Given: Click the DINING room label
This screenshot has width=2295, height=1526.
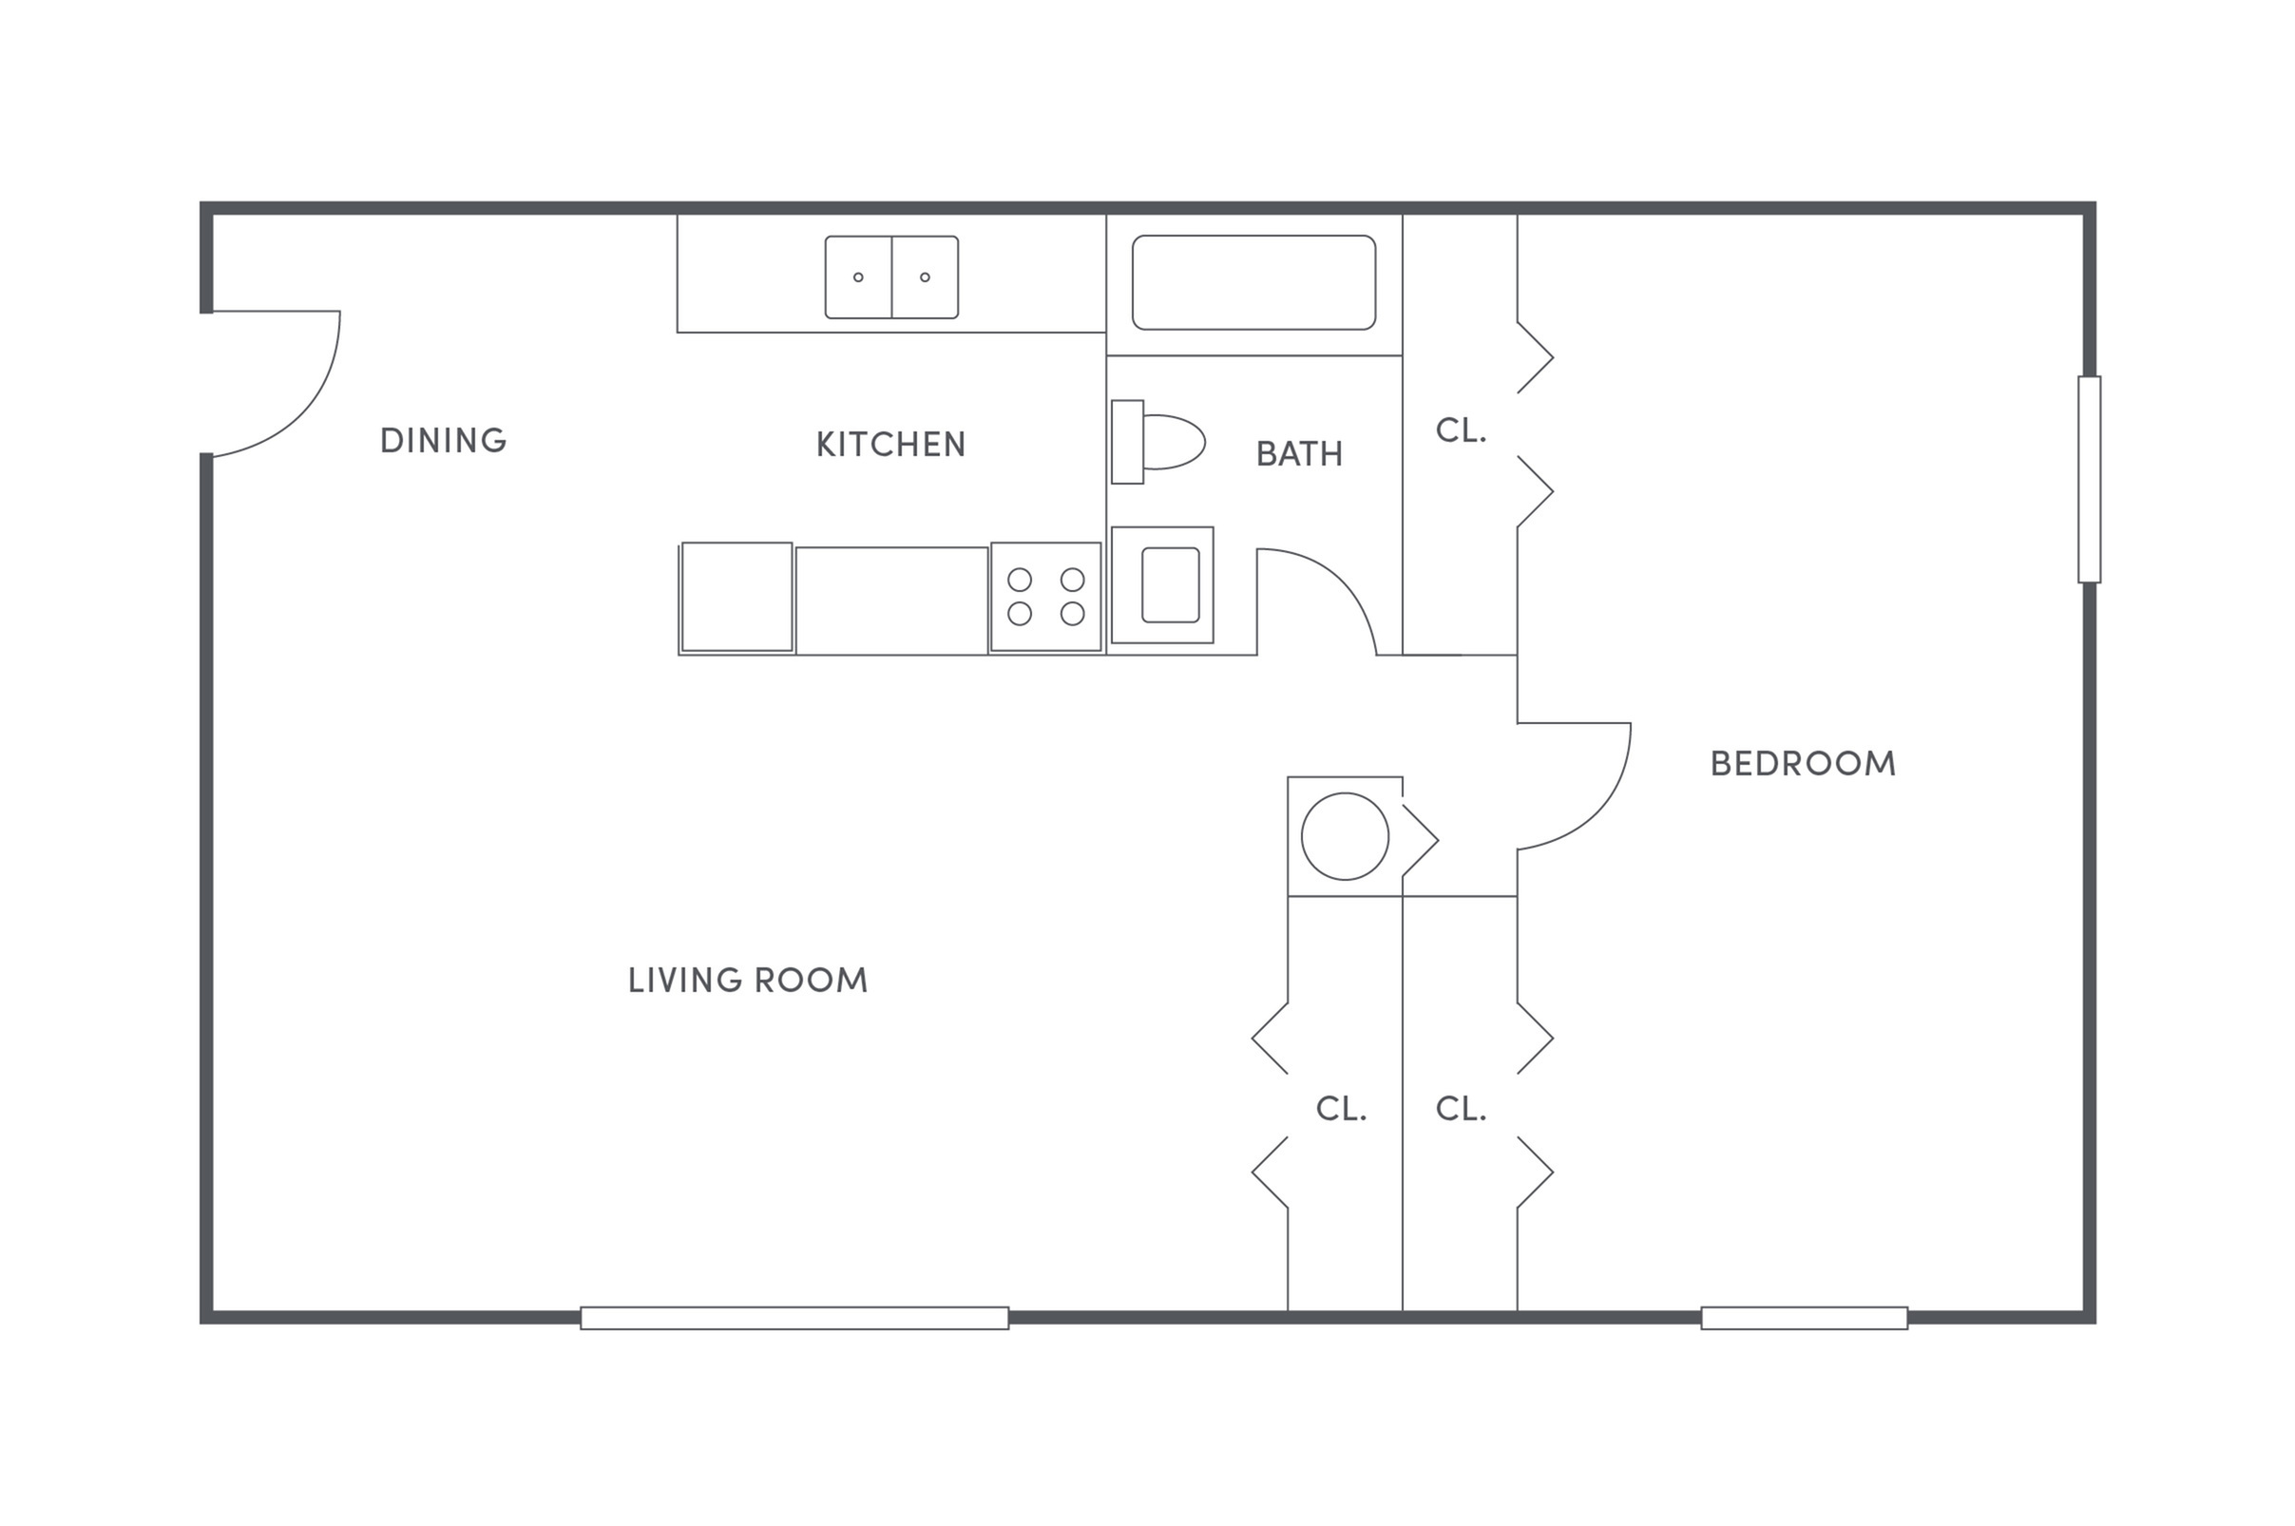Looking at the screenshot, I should pyautogui.click(x=443, y=441).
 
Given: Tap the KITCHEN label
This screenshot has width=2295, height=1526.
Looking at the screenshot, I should pyautogui.click(x=889, y=445).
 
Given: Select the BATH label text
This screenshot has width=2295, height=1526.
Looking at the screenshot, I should pyautogui.click(x=1298, y=453).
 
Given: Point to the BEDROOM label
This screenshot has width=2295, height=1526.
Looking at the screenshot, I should pyautogui.click(x=1802, y=764).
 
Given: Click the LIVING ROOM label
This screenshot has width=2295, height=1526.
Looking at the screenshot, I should pyautogui.click(x=748, y=980).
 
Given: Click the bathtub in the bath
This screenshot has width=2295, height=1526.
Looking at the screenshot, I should pyautogui.click(x=1253, y=282).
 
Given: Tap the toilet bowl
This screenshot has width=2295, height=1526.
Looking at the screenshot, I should pyautogui.click(x=1172, y=442).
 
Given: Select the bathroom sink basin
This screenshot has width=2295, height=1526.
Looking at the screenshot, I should pyautogui.click(x=1169, y=585).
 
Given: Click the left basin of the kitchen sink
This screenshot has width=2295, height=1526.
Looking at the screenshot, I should pyautogui.click(x=857, y=277).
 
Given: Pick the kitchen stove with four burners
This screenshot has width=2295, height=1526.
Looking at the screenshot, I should pyautogui.click(x=1045, y=597).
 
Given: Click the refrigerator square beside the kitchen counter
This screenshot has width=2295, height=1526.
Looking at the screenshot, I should pyautogui.click(x=736, y=597).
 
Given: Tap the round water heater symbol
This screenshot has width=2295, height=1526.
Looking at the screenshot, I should pyautogui.click(x=1344, y=836).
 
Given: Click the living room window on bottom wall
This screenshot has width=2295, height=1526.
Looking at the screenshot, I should pyautogui.click(x=794, y=1318).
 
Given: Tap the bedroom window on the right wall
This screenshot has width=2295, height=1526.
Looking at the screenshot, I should pyautogui.click(x=2088, y=479).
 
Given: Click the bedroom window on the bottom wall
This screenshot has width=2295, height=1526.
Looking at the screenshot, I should pyautogui.click(x=1803, y=1318).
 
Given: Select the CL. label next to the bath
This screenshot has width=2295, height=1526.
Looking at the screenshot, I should pyautogui.click(x=1460, y=431).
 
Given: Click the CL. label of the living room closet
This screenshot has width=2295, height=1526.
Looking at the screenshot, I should pyautogui.click(x=1341, y=1109).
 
